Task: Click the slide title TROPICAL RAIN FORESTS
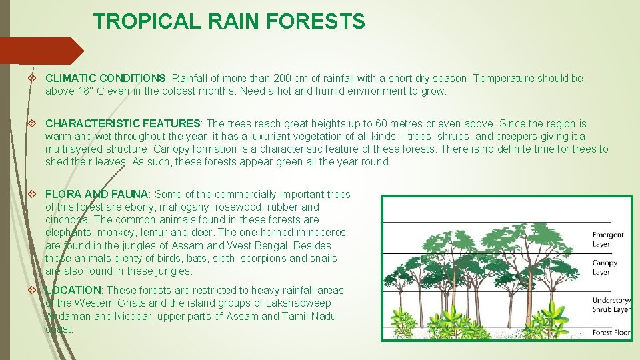pyautogui.click(x=229, y=21)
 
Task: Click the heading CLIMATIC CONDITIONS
pyautogui.click(x=105, y=79)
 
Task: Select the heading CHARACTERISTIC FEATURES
pyautogui.click(x=123, y=124)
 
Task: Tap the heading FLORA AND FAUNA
pyautogui.click(x=97, y=195)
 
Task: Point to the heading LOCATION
pyautogui.click(x=73, y=291)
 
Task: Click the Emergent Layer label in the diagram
pyautogui.click(x=608, y=239)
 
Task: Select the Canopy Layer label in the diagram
pyautogui.click(x=605, y=267)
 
